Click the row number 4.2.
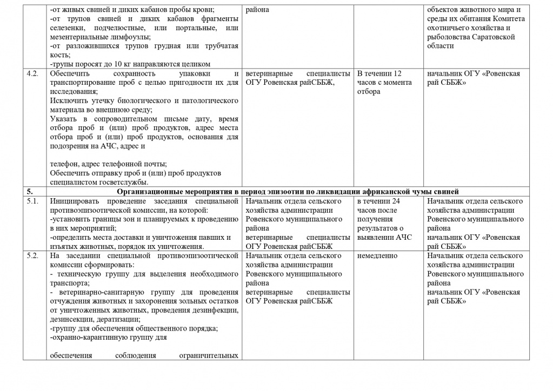tap(32, 73)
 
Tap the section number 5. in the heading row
tap(30, 191)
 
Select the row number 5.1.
tap(32, 201)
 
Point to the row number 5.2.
tap(32, 255)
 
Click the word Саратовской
tap(493, 37)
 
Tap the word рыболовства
tap(449, 37)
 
